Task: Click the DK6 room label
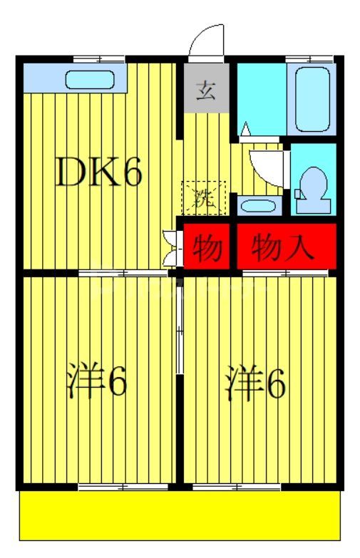100,172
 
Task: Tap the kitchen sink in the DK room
91,79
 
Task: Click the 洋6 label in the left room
98,382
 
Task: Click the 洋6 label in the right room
257,382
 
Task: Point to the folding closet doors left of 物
170,247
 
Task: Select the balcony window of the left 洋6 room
123,487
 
